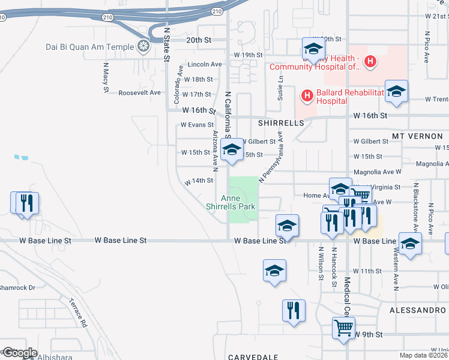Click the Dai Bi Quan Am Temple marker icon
pyautogui.click(x=143, y=46)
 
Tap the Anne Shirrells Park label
pyautogui.click(x=231, y=202)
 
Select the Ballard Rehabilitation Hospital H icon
pyautogui.click(x=307, y=95)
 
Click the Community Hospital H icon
pyautogui.click(x=371, y=61)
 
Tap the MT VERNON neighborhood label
pyautogui.click(x=417, y=136)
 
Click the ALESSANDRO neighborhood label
pyautogui.click(x=418, y=310)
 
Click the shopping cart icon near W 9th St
pyautogui.click(x=343, y=328)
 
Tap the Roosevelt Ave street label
pyautogui.click(x=140, y=92)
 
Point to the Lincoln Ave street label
pyautogui.click(x=205, y=64)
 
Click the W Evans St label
pyautogui.click(x=197, y=125)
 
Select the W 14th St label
pyautogui.click(x=199, y=180)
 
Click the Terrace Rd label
pyautogui.click(x=77, y=312)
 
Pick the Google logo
pyautogui.click(x=20, y=352)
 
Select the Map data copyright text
pyautogui.click(x=424, y=355)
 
